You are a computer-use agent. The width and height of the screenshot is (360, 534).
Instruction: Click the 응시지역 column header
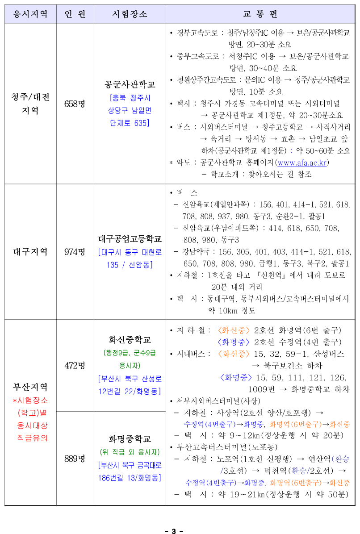(30, 14)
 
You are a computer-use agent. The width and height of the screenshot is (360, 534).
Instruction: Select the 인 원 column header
(75, 14)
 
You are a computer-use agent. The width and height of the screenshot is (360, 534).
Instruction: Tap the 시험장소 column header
(130, 14)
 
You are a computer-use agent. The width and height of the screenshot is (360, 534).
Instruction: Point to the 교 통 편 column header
(260, 14)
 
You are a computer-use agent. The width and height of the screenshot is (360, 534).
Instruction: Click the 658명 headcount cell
(75, 104)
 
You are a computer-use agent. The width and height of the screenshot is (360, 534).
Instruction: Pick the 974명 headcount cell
(75, 251)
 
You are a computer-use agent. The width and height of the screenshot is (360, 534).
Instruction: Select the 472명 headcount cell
(75, 365)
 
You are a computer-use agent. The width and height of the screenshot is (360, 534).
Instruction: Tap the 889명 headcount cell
(75, 459)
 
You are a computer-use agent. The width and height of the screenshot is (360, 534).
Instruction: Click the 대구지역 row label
(30, 251)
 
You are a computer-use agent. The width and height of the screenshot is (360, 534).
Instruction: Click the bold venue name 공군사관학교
(130, 84)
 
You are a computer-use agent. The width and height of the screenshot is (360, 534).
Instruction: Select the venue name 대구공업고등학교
(130, 239)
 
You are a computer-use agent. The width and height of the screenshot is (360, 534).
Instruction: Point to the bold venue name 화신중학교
(130, 339)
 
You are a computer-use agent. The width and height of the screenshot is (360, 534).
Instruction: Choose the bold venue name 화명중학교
(130, 438)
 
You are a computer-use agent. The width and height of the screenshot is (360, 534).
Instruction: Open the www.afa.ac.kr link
(302, 163)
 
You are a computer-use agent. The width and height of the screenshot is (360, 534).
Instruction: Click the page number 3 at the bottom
(174, 530)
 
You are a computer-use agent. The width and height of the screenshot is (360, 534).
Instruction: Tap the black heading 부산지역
(30, 387)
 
